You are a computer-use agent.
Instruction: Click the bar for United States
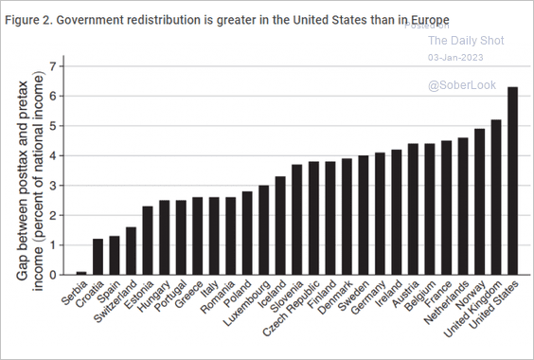[513, 180]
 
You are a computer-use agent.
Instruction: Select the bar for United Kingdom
[495, 197]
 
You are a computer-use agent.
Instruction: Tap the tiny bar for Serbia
[80, 273]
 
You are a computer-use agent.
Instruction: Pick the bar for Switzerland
[132, 251]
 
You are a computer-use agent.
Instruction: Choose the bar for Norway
[479, 202]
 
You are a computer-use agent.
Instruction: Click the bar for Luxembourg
[264, 230]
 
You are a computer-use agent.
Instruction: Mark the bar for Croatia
[98, 257]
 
